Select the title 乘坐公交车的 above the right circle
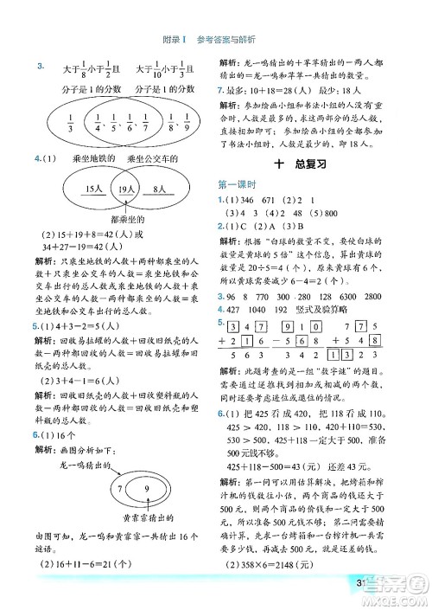tap(152, 159)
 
